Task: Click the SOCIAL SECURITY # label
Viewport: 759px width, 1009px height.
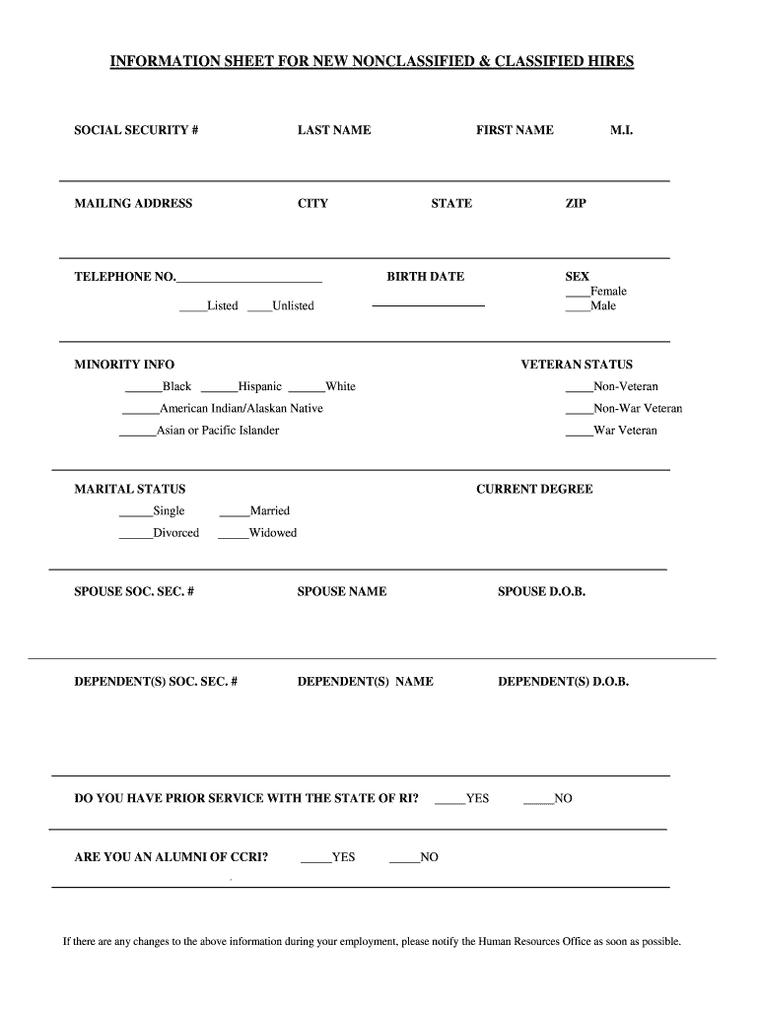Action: (x=137, y=130)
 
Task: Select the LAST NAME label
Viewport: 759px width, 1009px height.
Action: (x=334, y=130)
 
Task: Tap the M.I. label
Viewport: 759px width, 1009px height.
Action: (x=621, y=130)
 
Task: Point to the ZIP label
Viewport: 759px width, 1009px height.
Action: (x=576, y=204)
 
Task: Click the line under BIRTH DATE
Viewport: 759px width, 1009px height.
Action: (x=428, y=306)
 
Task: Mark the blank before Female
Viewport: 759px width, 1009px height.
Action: (x=577, y=296)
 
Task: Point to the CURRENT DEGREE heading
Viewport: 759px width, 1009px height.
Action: (x=534, y=490)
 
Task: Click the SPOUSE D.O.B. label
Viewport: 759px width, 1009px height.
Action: (x=541, y=592)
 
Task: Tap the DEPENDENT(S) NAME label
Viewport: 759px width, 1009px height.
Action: (x=365, y=682)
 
